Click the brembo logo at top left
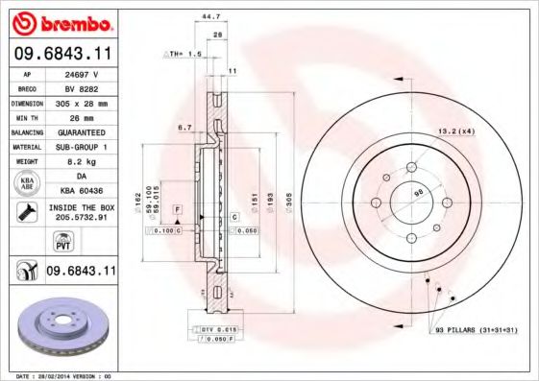[60, 21]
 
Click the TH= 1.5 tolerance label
[181, 55]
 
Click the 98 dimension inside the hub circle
[419, 195]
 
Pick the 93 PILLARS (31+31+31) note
[476, 331]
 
